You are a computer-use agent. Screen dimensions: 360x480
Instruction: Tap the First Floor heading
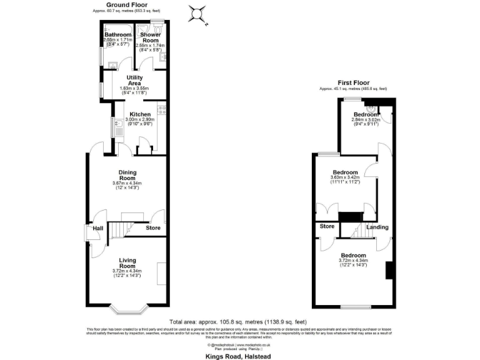point(354,82)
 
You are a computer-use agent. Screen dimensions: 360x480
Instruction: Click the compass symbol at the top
point(198,12)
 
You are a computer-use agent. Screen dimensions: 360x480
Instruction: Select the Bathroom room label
point(117,34)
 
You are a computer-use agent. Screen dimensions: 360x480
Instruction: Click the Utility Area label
point(134,80)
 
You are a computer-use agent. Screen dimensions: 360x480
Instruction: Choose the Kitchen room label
point(139,114)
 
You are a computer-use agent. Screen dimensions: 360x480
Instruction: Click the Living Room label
point(127,262)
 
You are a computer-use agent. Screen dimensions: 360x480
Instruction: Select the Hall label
point(98,229)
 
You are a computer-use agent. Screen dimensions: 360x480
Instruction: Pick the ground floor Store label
point(153,228)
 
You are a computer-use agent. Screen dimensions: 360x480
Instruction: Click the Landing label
point(377,227)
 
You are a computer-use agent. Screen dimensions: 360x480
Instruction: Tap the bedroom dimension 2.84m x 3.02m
point(366,121)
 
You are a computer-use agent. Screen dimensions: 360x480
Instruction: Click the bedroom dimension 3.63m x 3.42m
point(345,178)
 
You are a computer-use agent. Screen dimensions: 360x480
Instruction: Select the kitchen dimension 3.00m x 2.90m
point(139,119)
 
